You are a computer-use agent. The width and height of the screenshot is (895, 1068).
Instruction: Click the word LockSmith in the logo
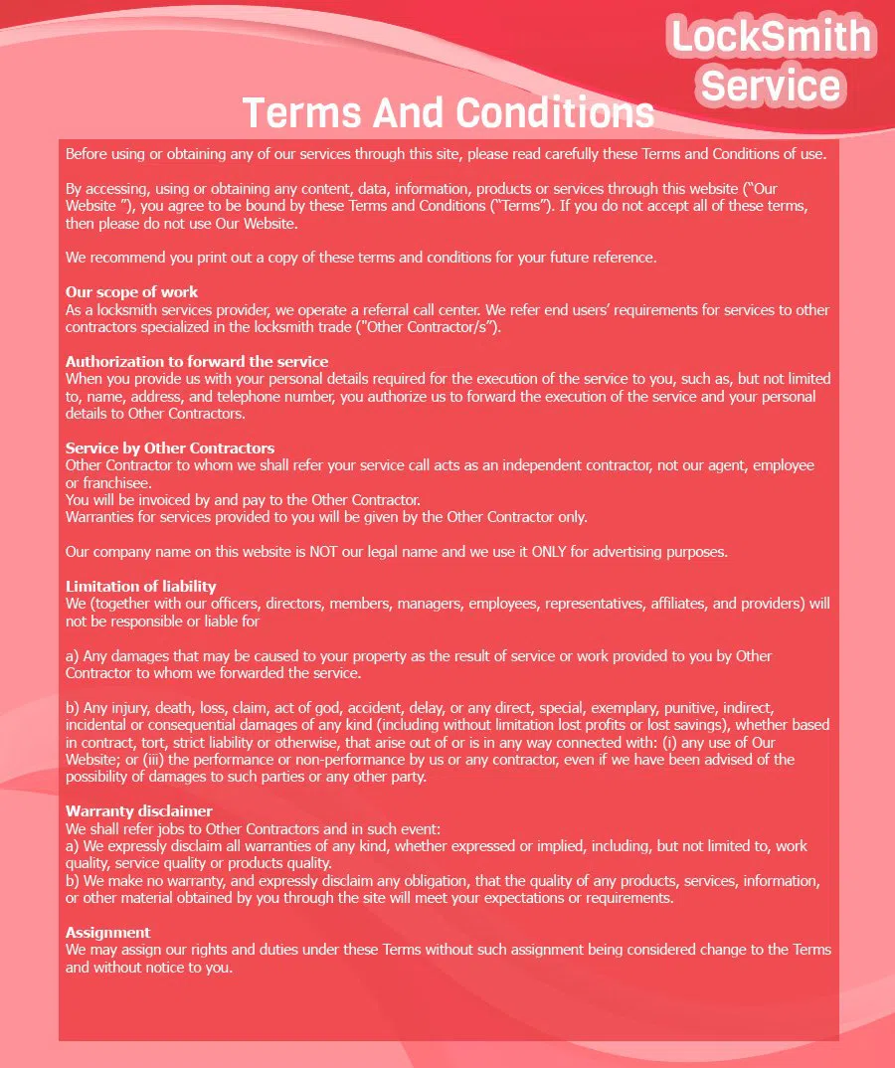coord(772,37)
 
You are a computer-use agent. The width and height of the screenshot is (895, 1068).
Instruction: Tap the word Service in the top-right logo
coord(772,85)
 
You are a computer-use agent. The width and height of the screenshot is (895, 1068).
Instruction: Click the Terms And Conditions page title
coord(448,112)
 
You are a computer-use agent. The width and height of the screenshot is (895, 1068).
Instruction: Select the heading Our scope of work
coord(131,292)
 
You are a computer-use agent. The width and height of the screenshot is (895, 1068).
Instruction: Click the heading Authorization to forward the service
coord(197,361)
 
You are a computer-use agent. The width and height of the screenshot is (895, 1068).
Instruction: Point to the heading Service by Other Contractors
coord(170,447)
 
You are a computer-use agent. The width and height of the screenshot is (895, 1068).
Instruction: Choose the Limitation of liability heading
coord(140,586)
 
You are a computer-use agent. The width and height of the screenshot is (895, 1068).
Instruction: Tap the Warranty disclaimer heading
coord(139,810)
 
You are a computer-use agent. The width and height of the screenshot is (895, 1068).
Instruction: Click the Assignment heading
coord(108,932)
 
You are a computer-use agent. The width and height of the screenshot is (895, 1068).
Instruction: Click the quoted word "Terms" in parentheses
coord(525,206)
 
